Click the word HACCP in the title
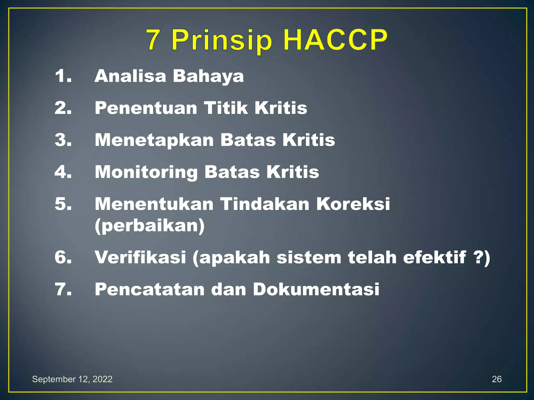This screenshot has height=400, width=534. click(335, 40)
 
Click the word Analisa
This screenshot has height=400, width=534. click(130, 76)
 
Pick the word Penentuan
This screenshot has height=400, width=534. click(146, 108)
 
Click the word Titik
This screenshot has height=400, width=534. click(226, 108)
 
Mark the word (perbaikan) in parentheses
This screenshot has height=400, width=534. click(150, 226)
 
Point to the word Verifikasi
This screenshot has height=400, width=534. click(140, 257)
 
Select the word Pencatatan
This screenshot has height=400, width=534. click(150, 290)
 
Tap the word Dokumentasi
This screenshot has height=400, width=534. click(316, 290)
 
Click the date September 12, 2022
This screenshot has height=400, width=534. click(72, 379)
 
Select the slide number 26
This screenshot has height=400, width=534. click(497, 379)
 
